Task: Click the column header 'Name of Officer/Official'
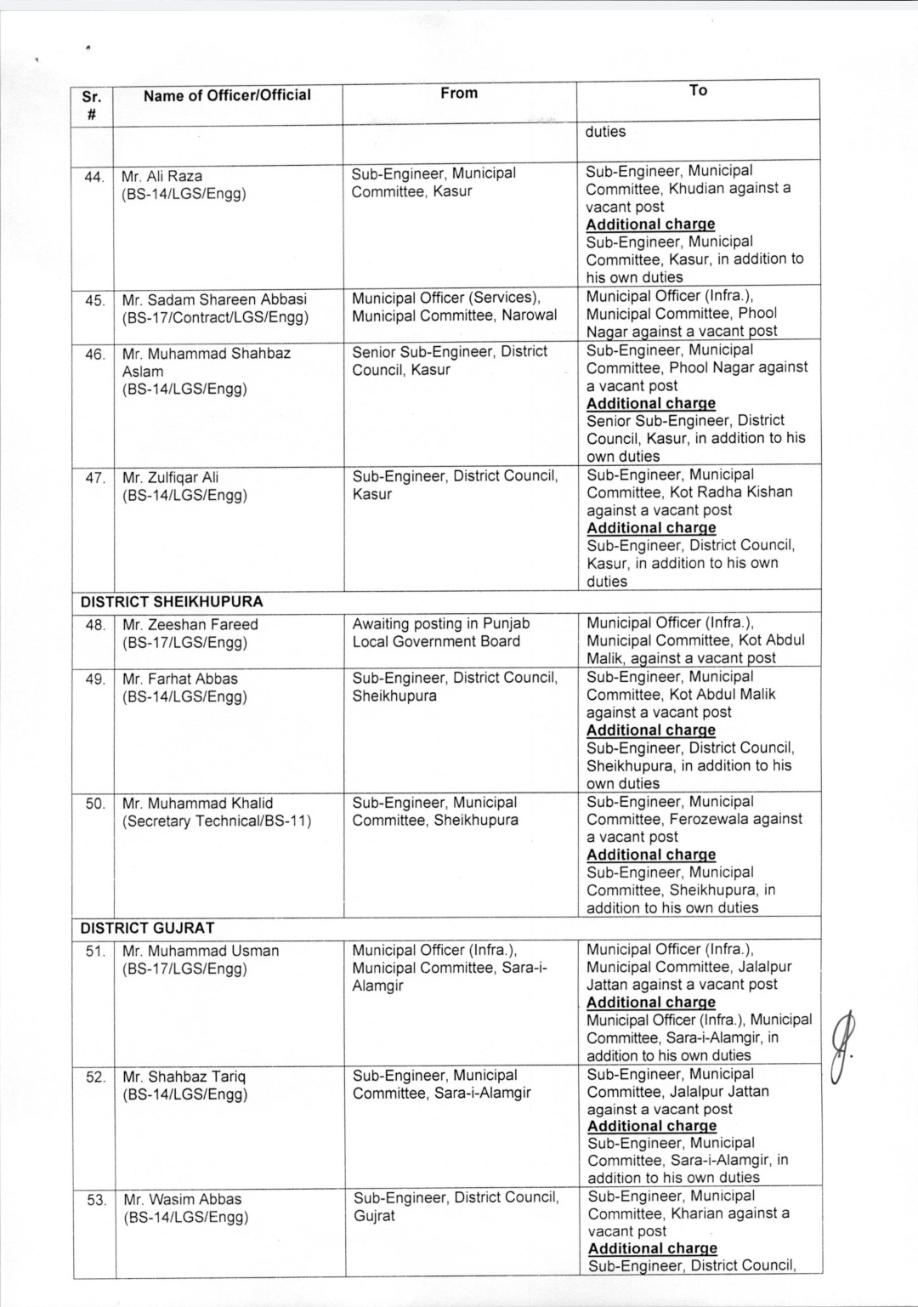point(227,95)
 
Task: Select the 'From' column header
point(459,93)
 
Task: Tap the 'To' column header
point(698,90)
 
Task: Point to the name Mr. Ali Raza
point(162,176)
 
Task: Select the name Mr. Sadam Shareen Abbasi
point(214,299)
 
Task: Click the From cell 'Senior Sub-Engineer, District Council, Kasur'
point(450,361)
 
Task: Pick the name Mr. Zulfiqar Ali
point(171,477)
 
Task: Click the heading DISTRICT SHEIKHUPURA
point(172,601)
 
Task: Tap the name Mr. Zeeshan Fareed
point(190,624)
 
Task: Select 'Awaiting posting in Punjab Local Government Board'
point(440,633)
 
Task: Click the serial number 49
point(95,679)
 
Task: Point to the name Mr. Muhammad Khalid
point(198,803)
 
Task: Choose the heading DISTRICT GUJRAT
point(147,928)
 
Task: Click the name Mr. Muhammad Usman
point(201,951)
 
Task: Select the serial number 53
point(97,1200)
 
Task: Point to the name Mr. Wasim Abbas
point(183,1199)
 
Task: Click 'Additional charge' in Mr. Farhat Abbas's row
point(651,730)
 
